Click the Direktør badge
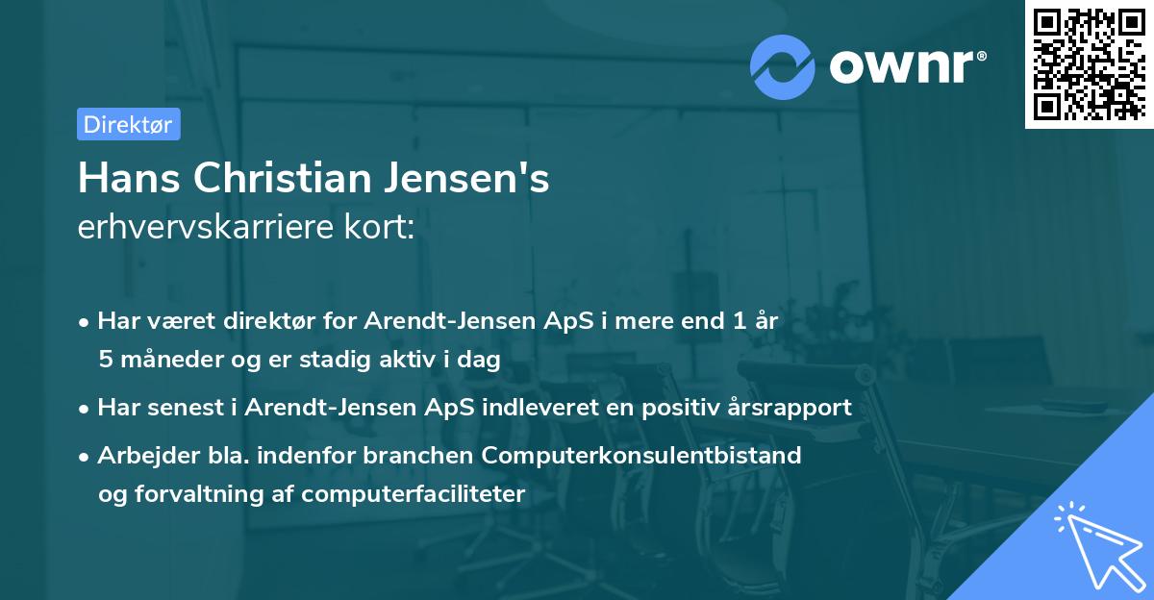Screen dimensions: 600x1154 point(128,124)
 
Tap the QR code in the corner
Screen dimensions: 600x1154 point(1088,63)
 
